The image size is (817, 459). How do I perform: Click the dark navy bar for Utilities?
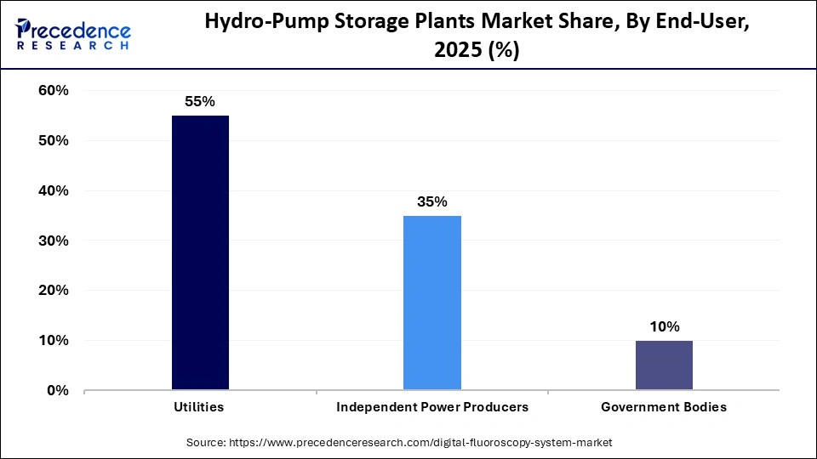coord(200,252)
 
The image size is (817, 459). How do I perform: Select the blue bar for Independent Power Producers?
coord(432,303)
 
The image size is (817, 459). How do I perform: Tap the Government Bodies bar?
coord(664,365)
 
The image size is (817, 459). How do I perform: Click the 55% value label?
coord(200,101)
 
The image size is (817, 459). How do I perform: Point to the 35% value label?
coord(432,201)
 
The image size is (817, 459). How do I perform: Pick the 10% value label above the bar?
coord(664,326)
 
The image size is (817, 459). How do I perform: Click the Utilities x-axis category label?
coord(200,407)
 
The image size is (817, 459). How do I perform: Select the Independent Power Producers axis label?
coord(432,407)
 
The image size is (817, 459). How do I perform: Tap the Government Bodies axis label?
coord(664,407)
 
